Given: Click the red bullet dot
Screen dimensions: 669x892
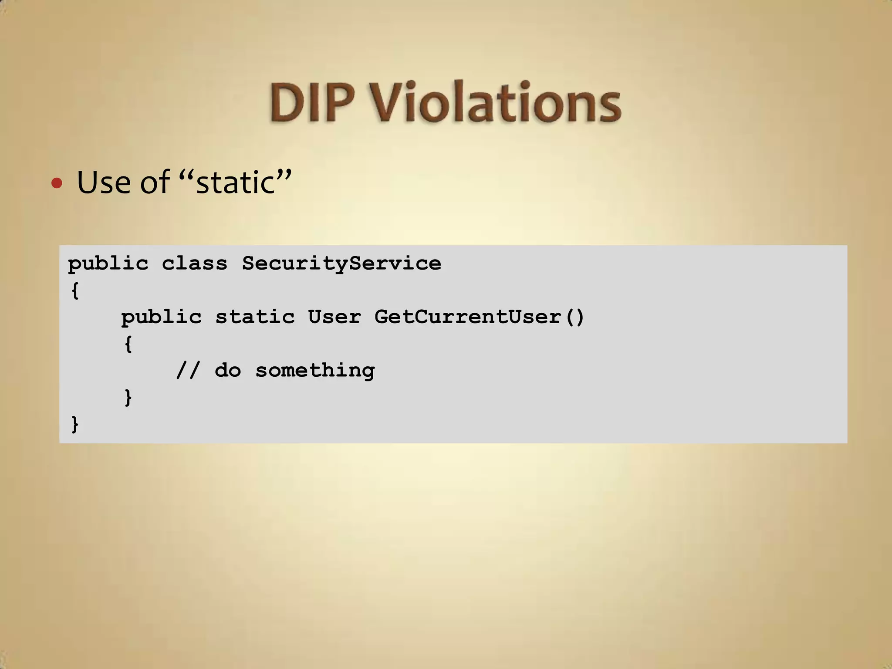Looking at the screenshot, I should pos(57,183).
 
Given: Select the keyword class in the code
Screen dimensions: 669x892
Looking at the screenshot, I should pos(194,264).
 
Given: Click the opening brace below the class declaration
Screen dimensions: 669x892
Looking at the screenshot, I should pos(75,291).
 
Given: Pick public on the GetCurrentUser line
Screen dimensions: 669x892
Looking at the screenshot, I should pos(161,317).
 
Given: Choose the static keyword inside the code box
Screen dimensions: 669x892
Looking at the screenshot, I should pos(255,317).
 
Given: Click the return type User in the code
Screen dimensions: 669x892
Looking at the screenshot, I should pos(334,317).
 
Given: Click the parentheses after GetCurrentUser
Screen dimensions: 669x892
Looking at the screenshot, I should pos(575,317).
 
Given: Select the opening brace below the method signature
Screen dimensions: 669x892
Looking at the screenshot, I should pos(128,344).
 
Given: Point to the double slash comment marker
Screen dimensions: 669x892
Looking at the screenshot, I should pos(188,371).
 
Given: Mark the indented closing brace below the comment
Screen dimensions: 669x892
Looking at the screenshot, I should pos(128,397).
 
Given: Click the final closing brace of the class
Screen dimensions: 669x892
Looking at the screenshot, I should pos(75,424).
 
